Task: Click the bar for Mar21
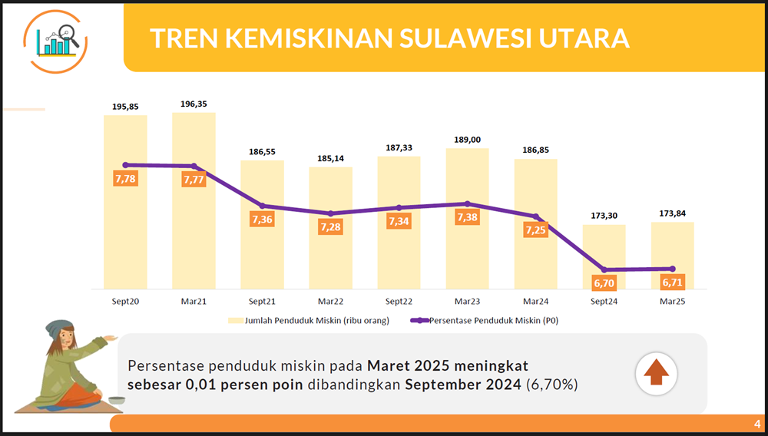click(x=194, y=200)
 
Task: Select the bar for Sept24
click(x=604, y=257)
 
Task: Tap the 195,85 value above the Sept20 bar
click(x=125, y=106)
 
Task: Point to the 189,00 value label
click(x=467, y=140)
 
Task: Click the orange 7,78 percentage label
click(x=125, y=179)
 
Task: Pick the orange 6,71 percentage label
click(x=673, y=282)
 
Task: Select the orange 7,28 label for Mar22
click(x=330, y=227)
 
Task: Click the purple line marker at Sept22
click(x=399, y=207)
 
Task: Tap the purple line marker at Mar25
click(x=673, y=269)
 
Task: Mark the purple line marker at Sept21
click(x=262, y=206)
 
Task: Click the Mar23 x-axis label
click(x=467, y=302)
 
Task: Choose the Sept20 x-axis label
click(x=125, y=302)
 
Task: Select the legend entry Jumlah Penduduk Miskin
click(x=309, y=321)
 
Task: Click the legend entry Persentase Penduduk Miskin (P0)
click(x=485, y=321)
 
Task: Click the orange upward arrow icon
click(x=657, y=374)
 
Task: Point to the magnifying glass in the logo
click(x=68, y=35)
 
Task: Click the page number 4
click(x=757, y=424)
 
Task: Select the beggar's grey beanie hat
click(x=59, y=329)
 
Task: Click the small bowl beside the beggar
click(x=117, y=400)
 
